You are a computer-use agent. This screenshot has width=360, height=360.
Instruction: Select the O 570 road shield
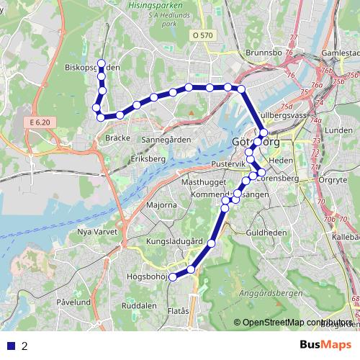pos(204,35)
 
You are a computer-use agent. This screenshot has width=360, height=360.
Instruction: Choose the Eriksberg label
pos(148,158)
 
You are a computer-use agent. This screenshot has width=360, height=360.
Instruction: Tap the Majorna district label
pos(161,205)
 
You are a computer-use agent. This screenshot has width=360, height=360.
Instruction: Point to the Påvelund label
pos(73,302)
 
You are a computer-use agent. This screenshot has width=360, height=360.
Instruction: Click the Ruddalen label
pos(139,305)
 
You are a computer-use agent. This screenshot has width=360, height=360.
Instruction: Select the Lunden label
pos(338,130)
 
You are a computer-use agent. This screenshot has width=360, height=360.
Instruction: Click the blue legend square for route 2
pos(11,346)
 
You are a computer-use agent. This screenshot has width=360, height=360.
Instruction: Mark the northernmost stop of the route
pos(102,63)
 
